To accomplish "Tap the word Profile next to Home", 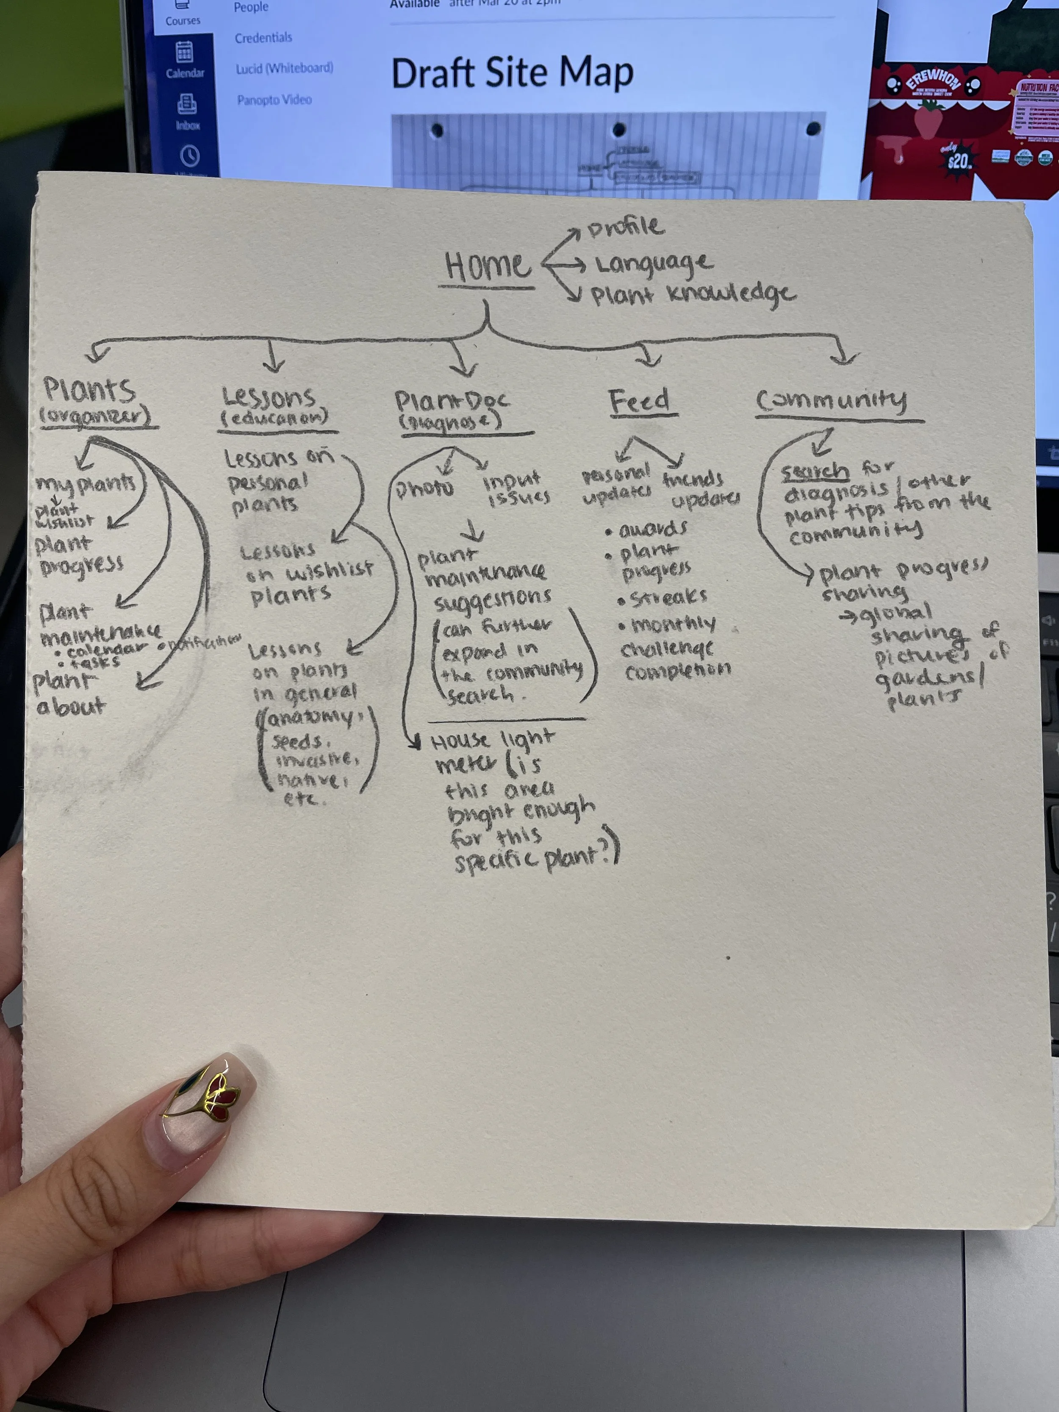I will (x=626, y=227).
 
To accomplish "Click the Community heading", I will (x=831, y=400).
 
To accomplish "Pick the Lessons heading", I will (x=269, y=398).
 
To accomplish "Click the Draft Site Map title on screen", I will (x=512, y=73).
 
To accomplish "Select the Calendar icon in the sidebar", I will (x=185, y=53).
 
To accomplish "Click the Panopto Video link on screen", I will (x=274, y=100).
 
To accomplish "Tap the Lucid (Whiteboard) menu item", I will (x=284, y=68).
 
